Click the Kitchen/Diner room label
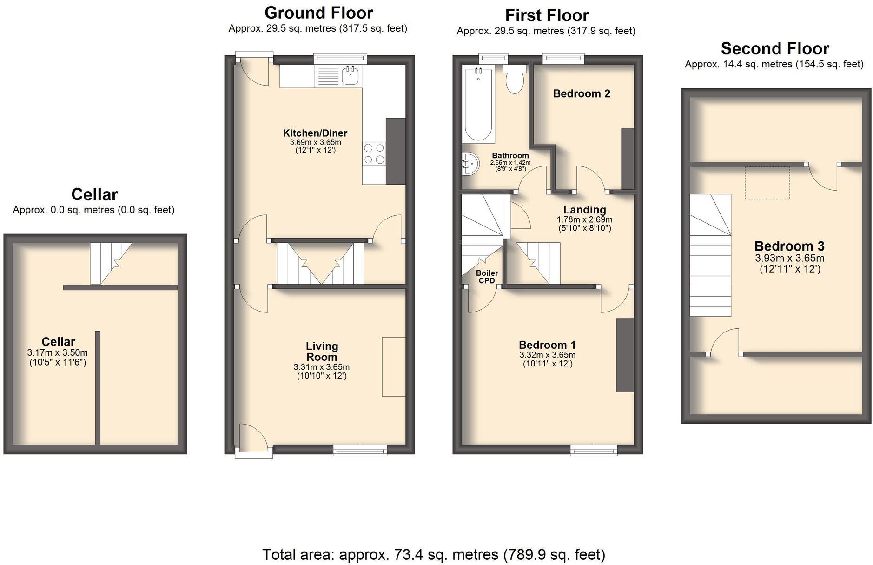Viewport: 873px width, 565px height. click(x=315, y=133)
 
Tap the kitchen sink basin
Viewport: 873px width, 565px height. click(x=350, y=75)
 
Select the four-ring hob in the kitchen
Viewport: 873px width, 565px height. click(x=374, y=154)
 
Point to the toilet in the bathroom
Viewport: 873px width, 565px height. click(x=515, y=79)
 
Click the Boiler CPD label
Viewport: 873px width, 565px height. click(x=487, y=277)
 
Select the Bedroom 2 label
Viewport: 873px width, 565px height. click(x=582, y=93)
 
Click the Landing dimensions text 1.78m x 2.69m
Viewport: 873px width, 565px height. click(x=584, y=219)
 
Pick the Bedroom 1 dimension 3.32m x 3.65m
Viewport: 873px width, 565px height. click(x=547, y=355)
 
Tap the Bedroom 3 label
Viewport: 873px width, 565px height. click(x=789, y=246)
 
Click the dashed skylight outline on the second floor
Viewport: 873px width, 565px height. click(x=767, y=183)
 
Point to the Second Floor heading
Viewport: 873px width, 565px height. click(x=774, y=48)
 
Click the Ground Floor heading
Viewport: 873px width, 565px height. click(x=318, y=13)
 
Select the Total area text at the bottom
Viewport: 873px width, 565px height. click(x=434, y=554)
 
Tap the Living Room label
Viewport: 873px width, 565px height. click(x=322, y=352)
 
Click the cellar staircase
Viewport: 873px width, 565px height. click(x=111, y=263)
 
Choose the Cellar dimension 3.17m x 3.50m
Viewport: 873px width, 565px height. click(x=58, y=353)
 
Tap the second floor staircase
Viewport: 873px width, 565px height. click(x=710, y=255)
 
